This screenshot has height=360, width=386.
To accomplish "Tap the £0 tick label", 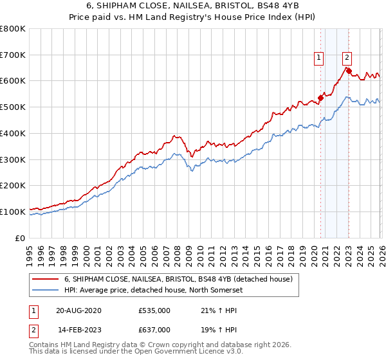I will click(20, 237).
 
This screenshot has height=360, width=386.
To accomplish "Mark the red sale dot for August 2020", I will click(320, 98).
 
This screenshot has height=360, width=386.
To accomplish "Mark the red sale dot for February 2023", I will click(349, 71).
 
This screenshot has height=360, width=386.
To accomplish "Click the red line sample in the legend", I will click(45, 279).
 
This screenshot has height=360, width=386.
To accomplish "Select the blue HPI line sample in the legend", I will click(45, 290).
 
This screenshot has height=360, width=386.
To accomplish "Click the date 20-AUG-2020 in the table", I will click(78, 311).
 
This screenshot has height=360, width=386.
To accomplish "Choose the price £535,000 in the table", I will click(154, 311).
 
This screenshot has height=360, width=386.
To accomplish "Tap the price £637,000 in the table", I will click(154, 329).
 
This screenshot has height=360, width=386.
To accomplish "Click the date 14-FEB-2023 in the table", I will click(78, 329).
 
